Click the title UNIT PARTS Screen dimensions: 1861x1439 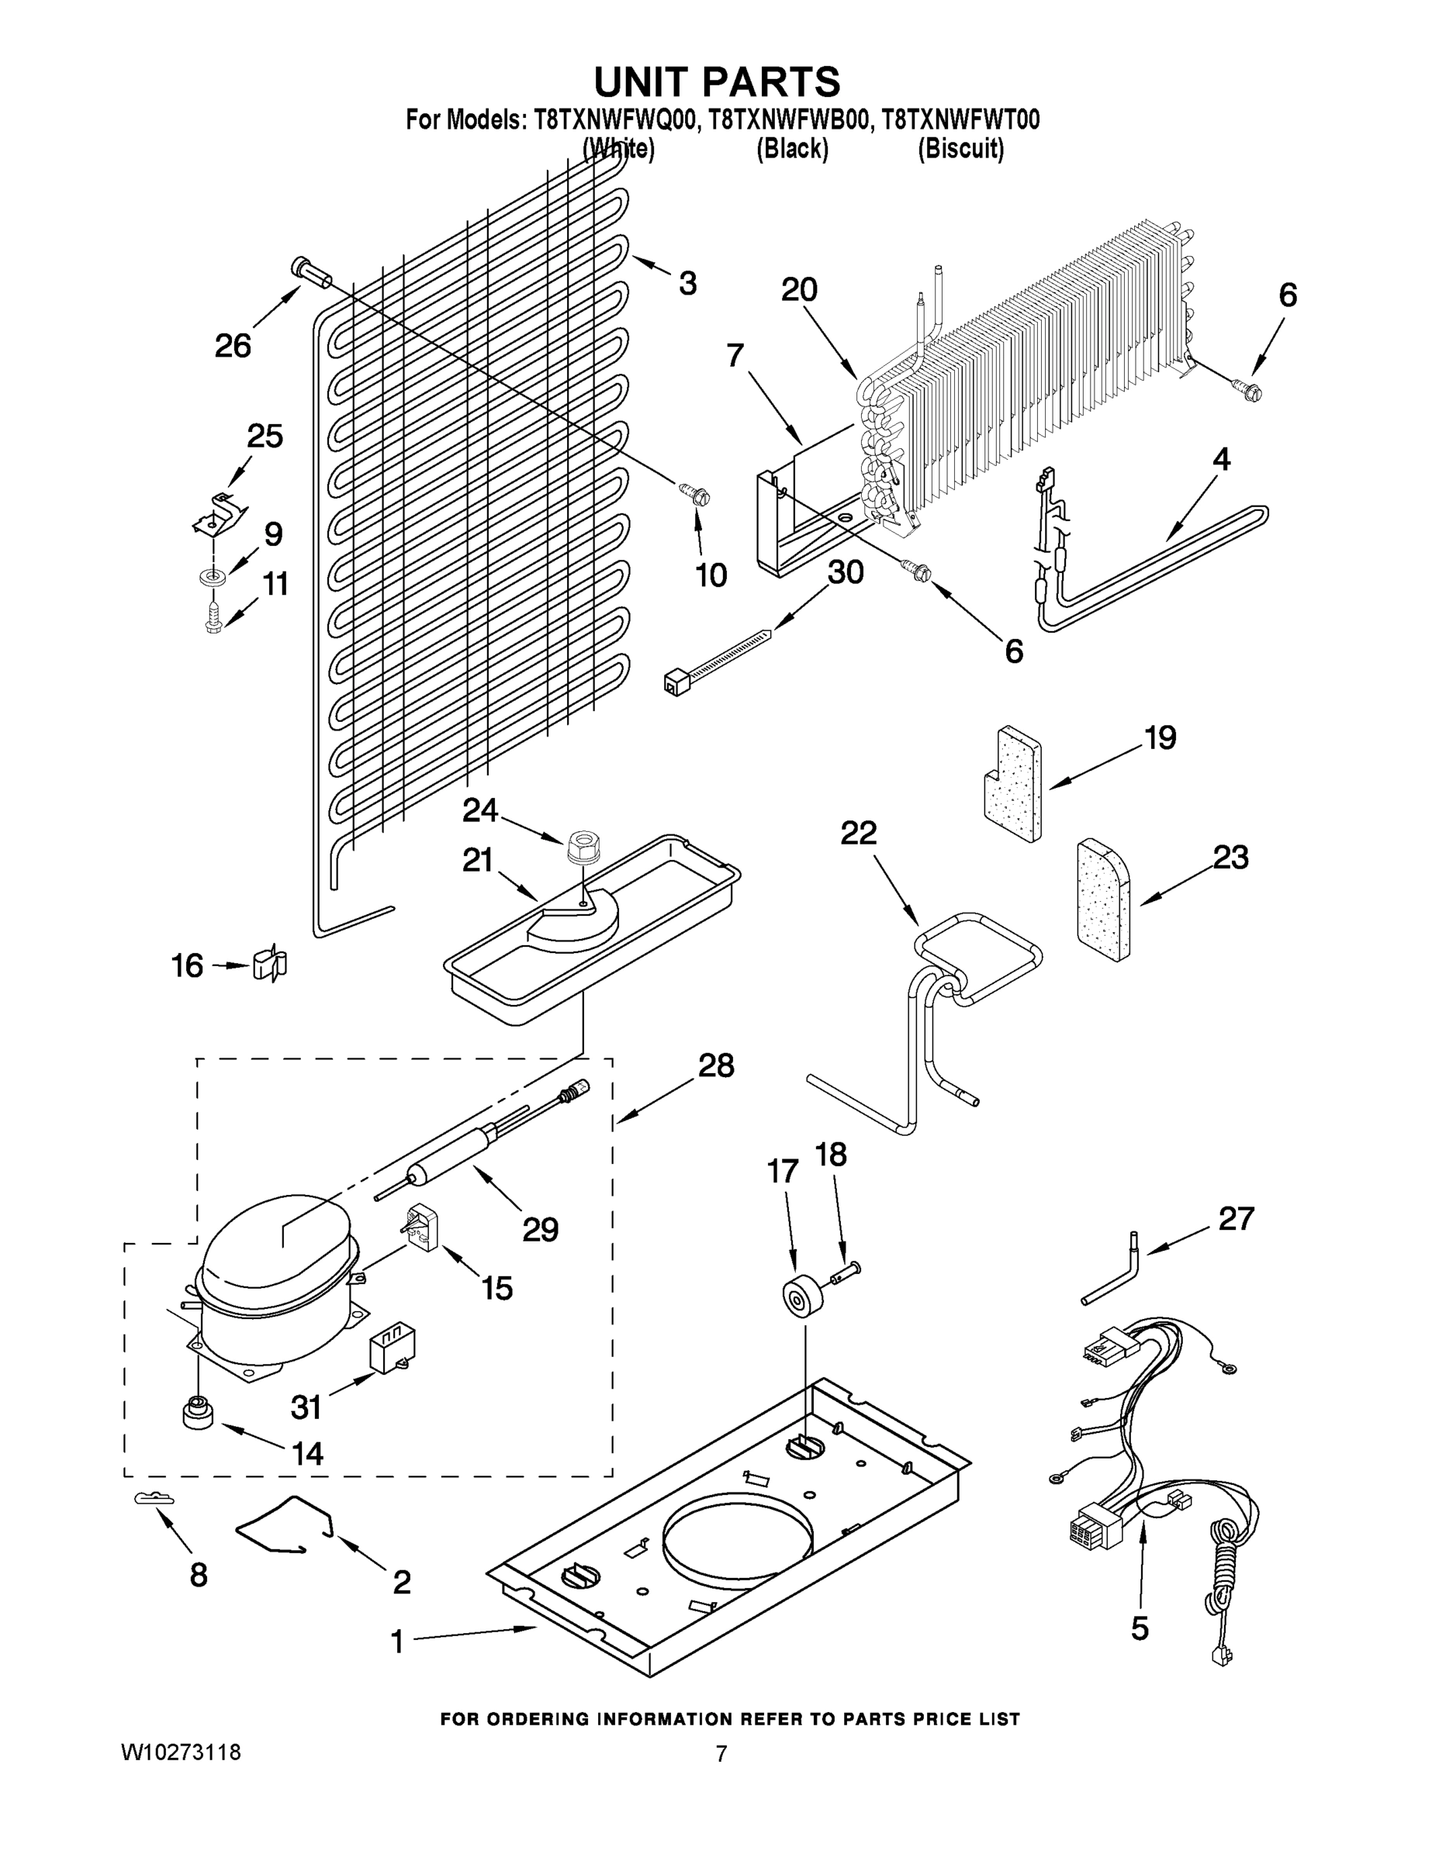point(717,83)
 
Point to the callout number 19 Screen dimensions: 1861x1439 point(1160,737)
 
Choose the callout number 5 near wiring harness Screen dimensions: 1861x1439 point(1140,1628)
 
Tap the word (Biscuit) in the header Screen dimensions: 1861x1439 point(960,149)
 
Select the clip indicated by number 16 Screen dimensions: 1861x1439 point(271,964)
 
